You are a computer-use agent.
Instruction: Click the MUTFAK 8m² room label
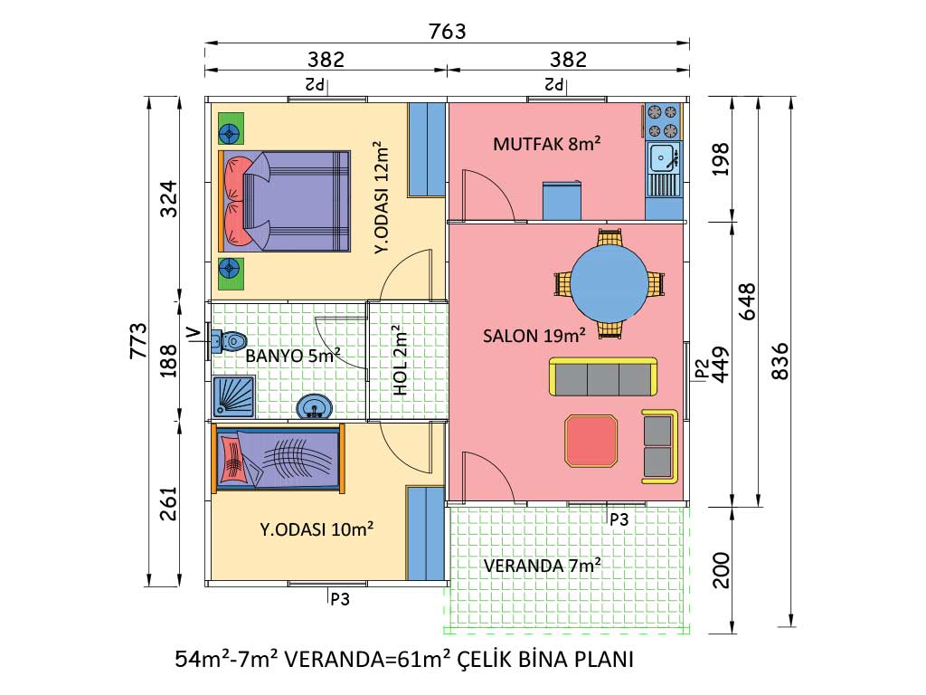pyautogui.click(x=547, y=144)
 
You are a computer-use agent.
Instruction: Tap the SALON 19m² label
pyautogui.click(x=534, y=336)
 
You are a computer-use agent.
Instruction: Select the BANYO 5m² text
pyautogui.click(x=293, y=355)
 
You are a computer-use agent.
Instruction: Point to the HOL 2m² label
pyautogui.click(x=401, y=360)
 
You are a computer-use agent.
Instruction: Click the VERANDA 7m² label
pyautogui.click(x=543, y=566)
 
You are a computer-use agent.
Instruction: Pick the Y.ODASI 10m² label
pyautogui.click(x=317, y=528)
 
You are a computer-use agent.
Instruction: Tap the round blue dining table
pyautogui.click(x=609, y=283)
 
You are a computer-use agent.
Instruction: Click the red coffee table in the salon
pyautogui.click(x=591, y=441)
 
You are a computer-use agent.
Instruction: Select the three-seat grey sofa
pyautogui.click(x=603, y=376)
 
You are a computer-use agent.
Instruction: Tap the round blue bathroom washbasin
pyautogui.click(x=314, y=406)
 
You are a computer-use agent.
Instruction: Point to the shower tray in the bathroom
pyautogui.click(x=234, y=396)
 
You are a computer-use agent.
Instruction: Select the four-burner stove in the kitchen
pyautogui.click(x=663, y=121)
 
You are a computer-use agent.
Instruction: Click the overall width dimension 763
pyautogui.click(x=447, y=31)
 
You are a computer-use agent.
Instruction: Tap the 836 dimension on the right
pyautogui.click(x=780, y=360)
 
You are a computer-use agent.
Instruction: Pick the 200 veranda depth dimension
pyautogui.click(x=721, y=570)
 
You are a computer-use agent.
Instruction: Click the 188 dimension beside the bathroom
pyautogui.click(x=168, y=360)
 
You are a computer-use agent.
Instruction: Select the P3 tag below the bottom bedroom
pyautogui.click(x=340, y=599)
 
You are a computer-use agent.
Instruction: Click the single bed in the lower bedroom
pyautogui.click(x=279, y=457)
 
